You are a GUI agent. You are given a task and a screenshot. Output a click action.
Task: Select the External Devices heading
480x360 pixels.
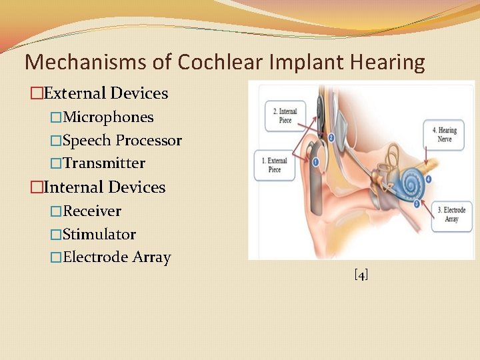pos(105,93)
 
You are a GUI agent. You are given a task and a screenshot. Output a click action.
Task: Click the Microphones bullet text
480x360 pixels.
pos(108,117)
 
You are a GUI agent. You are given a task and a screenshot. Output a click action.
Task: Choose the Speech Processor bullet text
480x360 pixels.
pos(122,140)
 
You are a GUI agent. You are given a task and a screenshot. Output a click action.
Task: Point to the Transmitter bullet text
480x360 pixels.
pos(104,163)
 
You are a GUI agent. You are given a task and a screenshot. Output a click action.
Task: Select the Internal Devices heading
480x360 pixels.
pos(103,187)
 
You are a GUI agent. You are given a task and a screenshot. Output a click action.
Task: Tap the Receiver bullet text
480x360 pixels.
pos(92,211)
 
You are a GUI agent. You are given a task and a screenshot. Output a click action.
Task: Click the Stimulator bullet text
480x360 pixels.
pos(99,234)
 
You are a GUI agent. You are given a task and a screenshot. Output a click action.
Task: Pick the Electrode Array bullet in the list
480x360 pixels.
pos(117,257)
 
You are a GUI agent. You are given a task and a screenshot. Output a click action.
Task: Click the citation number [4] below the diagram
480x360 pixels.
pos(361,275)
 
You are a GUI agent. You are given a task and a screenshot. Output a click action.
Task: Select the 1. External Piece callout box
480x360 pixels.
pos(273,165)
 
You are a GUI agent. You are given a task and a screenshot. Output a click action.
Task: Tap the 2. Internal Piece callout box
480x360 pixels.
pos(285,115)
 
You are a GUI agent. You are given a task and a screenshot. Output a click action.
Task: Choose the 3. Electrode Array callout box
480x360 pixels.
pos(451,215)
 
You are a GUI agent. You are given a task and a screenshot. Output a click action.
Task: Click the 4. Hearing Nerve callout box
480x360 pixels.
pos(445,135)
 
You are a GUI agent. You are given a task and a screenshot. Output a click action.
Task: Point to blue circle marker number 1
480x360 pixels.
pos(315,161)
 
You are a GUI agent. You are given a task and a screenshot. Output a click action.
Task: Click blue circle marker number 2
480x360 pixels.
pos(331,138)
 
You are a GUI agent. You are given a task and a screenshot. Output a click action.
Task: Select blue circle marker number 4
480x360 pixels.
pos(429,179)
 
